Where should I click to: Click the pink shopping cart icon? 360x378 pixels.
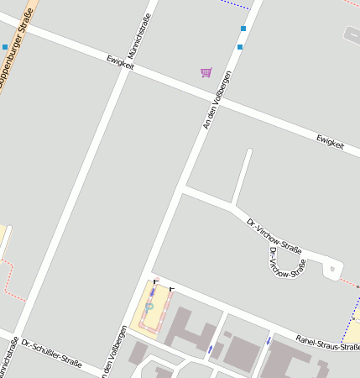pos(206,72)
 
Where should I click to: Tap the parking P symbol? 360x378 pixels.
pos(149,307)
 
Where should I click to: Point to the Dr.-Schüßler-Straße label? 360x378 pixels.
pos(52,354)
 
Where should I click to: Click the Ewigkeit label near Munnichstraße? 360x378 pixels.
pos(121,61)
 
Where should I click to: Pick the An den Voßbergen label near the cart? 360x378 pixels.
pos(216,100)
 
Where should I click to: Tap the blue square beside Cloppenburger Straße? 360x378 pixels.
pos(5,47)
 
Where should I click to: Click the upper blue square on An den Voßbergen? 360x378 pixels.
pos(243,29)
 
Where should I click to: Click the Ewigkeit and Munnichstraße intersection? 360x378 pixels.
pos(128,66)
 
